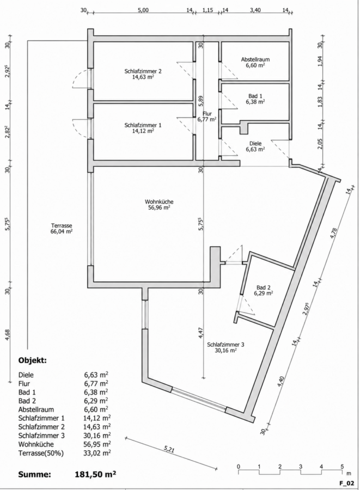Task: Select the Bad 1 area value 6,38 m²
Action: pos(255,102)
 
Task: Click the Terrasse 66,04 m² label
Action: pos(62,229)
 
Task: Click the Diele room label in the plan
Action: pos(255,143)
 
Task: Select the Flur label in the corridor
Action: pos(207,113)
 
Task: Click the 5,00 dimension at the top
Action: pos(143,10)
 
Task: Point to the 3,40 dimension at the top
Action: pos(255,10)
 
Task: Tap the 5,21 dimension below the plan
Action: pos(169,450)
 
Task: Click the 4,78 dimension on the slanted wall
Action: pos(334,233)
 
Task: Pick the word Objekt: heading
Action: pos(33,360)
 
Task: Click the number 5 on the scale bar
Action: pos(342,467)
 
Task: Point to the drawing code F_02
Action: pos(347,483)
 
